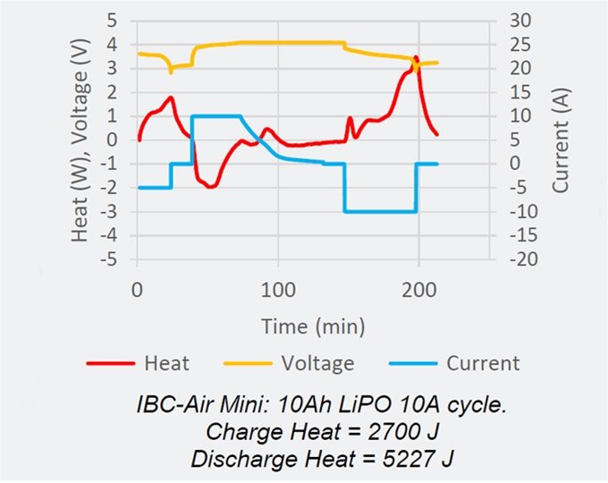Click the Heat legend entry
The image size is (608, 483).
[x=165, y=363]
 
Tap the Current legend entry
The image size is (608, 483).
[x=482, y=363]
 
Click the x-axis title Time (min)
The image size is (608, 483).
[x=313, y=325]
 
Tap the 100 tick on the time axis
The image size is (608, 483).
[x=277, y=290]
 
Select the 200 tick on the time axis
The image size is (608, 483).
[x=418, y=290]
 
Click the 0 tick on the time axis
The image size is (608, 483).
[x=137, y=290]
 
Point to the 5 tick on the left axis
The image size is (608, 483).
[x=112, y=19]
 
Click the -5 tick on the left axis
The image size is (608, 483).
[x=108, y=260]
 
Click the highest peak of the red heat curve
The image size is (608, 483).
[x=416, y=58]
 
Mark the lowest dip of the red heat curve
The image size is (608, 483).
[x=211, y=186]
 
